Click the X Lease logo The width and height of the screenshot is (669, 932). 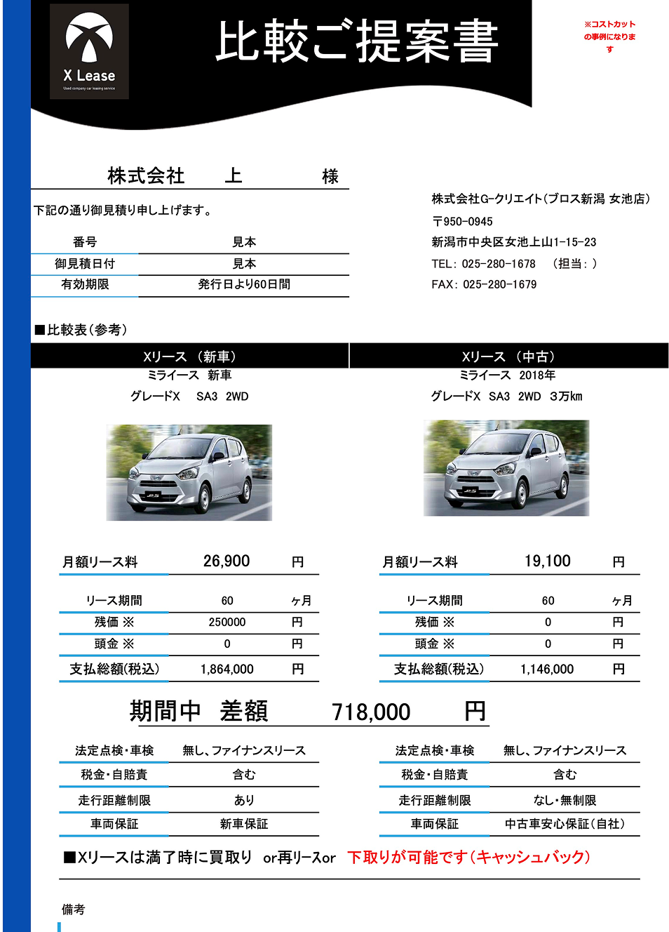pyautogui.click(x=89, y=51)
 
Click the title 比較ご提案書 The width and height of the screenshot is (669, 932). pyautogui.click(x=356, y=42)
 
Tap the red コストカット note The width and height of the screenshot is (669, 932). pyautogui.click(x=609, y=36)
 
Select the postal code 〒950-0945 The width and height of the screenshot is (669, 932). pyautogui.click(x=463, y=221)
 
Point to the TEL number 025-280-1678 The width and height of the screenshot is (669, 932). pyautogui.click(x=499, y=264)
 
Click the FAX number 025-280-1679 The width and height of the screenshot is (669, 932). pyautogui.click(x=499, y=284)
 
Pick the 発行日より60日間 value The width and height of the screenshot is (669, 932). pyautogui.click(x=244, y=284)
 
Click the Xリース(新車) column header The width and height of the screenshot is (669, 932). pyautogui.click(x=189, y=357)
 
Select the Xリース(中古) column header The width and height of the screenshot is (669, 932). pyautogui.click(x=508, y=357)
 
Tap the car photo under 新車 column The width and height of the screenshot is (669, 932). pyautogui.click(x=189, y=472)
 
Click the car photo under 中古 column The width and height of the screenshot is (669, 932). pyautogui.click(x=506, y=468)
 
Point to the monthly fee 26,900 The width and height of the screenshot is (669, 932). pyautogui.click(x=227, y=561)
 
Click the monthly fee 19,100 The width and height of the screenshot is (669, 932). pyautogui.click(x=548, y=561)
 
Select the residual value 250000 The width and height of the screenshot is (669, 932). pyautogui.click(x=227, y=623)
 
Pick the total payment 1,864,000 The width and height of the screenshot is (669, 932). pyautogui.click(x=227, y=670)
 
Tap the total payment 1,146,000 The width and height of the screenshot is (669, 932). pyautogui.click(x=547, y=670)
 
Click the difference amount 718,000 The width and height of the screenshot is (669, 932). pyautogui.click(x=371, y=712)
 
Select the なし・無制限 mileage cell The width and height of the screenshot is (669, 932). pyautogui.click(x=565, y=800)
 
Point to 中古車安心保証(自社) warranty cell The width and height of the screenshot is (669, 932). pyautogui.click(x=565, y=824)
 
